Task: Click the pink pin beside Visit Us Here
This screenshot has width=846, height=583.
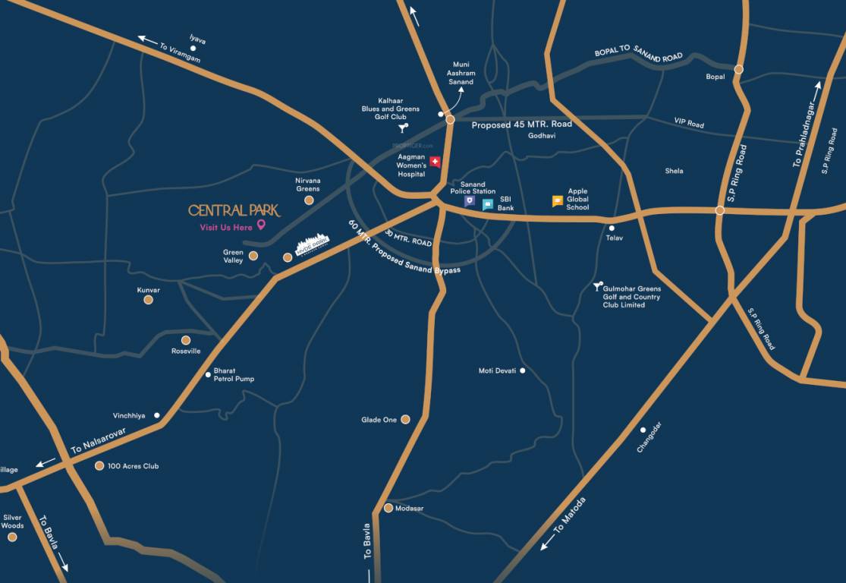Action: click(x=261, y=225)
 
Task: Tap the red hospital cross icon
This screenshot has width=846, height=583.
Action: click(x=435, y=162)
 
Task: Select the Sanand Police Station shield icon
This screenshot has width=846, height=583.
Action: click(x=470, y=201)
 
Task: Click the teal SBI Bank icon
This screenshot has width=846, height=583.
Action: click(x=487, y=204)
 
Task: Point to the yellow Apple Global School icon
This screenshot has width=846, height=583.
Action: click(x=558, y=201)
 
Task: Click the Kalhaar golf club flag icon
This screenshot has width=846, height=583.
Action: click(x=403, y=128)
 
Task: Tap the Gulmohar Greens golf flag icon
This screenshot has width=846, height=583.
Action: click(x=597, y=287)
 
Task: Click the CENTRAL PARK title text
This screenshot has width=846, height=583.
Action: click(x=234, y=210)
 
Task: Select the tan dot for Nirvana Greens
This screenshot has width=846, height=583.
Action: click(x=309, y=200)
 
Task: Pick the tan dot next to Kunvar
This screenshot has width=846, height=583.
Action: click(x=148, y=300)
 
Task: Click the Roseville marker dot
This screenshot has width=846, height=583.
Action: click(x=186, y=340)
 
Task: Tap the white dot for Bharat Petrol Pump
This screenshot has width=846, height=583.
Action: click(x=208, y=374)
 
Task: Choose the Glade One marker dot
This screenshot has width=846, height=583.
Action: click(x=405, y=419)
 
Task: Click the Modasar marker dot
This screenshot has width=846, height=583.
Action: click(x=388, y=508)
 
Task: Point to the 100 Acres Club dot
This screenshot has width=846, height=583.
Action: click(x=99, y=466)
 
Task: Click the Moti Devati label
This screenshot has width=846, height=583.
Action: click(x=497, y=370)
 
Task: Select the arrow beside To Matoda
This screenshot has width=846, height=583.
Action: click(x=546, y=544)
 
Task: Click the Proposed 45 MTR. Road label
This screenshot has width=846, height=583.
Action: click(x=521, y=124)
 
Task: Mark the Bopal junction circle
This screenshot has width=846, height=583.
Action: click(x=738, y=70)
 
